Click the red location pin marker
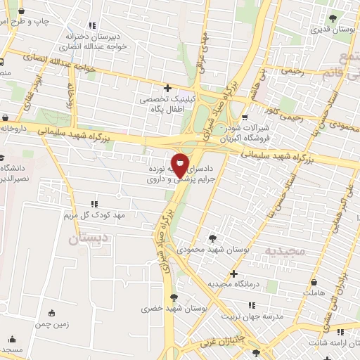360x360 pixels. coord(181,165)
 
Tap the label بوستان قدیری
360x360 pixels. coord(331,30)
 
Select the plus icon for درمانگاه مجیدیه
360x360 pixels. coord(233,274)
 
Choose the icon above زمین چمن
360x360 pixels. coord(53,314)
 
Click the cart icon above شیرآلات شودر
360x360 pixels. coord(244,117)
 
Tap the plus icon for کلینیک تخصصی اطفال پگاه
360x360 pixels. coord(167,89)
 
